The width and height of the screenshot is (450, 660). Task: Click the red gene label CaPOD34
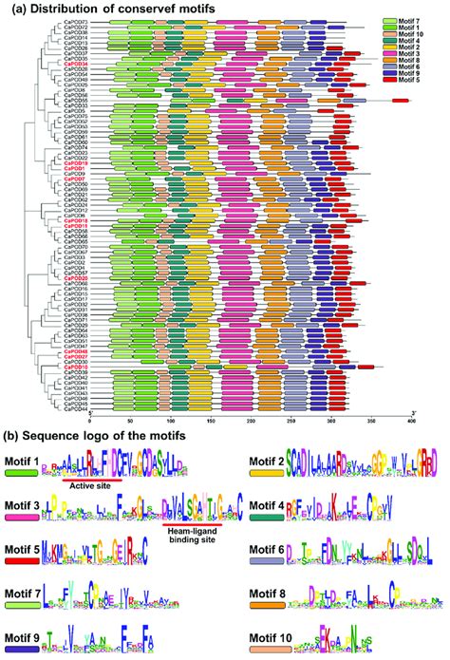[77, 64]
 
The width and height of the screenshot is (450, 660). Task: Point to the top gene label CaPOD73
[77, 21]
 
